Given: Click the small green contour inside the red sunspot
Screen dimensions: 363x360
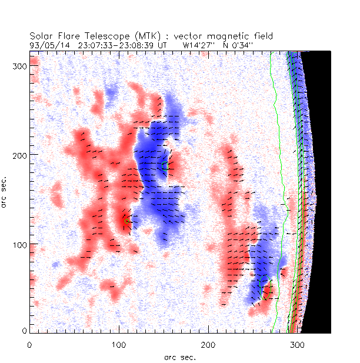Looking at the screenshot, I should pos(126,219).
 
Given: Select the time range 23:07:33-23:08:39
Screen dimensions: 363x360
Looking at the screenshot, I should pos(112,45).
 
